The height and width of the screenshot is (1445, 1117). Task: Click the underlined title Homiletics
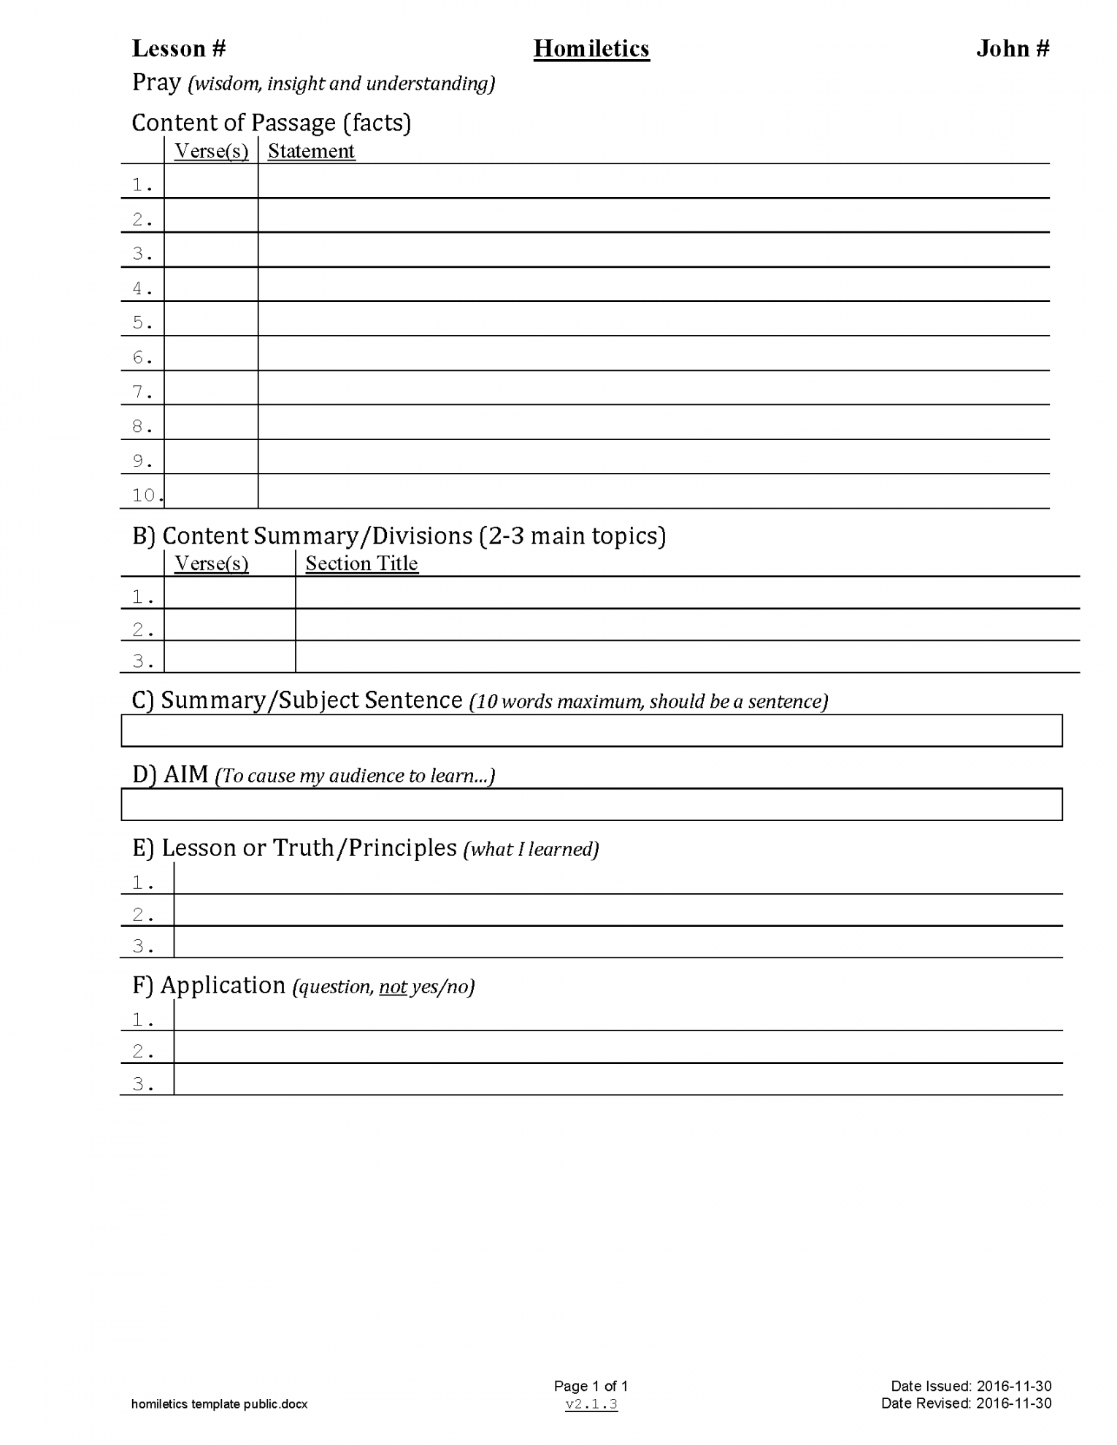coord(591,49)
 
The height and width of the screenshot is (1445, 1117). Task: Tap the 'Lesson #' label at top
coord(179,49)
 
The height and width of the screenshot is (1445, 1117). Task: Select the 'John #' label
coord(1012,49)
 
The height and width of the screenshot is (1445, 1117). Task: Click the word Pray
coord(156,82)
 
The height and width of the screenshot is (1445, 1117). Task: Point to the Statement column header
coord(311,151)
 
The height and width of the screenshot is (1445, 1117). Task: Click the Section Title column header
coord(361,563)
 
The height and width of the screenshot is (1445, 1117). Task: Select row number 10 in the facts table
coord(145,495)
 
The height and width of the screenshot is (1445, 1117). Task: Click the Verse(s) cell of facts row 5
coord(211,319)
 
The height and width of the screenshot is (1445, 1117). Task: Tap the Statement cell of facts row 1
coord(653,181)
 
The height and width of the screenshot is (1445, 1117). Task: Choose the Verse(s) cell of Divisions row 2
coord(230,625)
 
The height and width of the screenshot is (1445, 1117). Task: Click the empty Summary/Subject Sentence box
coord(591,731)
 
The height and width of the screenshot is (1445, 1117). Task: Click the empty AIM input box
coord(591,804)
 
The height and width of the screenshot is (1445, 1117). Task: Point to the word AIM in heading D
coord(186,774)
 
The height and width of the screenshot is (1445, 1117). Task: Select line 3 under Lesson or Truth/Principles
coord(618,942)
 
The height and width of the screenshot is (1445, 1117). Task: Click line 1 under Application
coord(618,1015)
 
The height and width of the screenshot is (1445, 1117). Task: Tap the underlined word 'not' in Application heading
coord(393,987)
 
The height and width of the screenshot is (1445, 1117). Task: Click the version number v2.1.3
coord(591,1404)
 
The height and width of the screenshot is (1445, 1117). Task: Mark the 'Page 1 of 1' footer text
coord(591,1386)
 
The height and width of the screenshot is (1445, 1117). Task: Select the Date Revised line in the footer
coord(966,1403)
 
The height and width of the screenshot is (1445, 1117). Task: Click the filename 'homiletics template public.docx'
coord(219,1404)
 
